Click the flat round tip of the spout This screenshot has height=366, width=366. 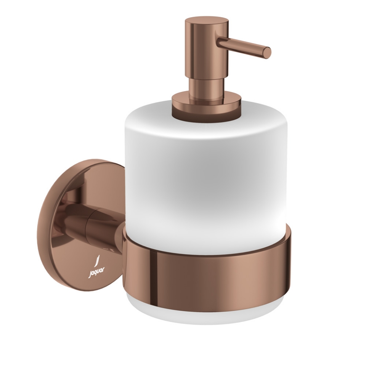268,53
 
